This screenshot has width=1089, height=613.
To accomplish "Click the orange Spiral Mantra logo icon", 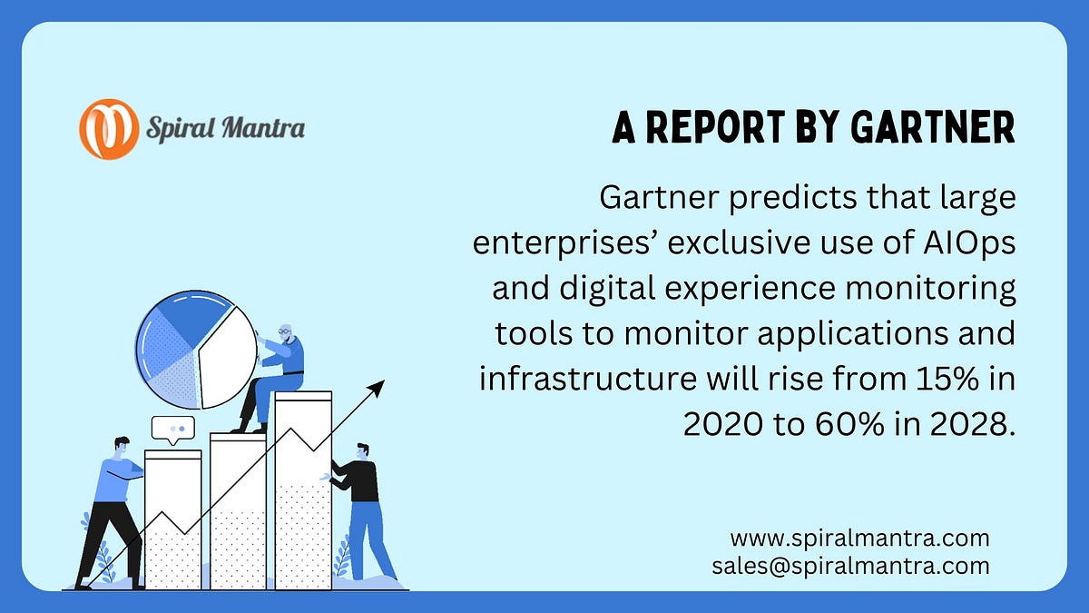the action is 109,129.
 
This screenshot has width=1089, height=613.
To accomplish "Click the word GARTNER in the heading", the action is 933,127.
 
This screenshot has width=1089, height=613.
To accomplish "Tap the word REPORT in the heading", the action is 716,127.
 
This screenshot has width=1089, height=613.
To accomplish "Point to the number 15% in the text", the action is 947,379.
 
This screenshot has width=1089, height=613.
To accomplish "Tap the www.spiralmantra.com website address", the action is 859,539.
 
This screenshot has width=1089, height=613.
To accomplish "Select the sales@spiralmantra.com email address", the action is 851,567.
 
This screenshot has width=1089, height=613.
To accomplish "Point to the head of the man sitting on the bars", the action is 285,333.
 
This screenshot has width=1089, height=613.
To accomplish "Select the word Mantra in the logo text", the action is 263,128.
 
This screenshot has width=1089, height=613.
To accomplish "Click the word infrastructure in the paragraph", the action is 588,379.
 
